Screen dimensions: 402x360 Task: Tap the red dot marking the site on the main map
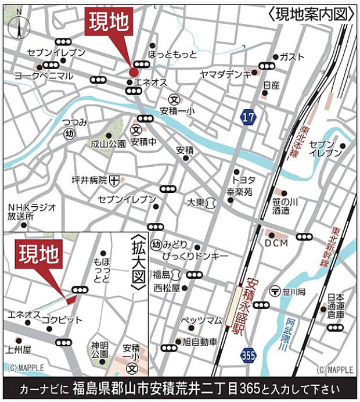pyautogui.click(x=133, y=72)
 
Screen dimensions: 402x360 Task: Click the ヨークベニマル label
pyautogui.click(x=44, y=76)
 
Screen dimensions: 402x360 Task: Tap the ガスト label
pyautogui.click(x=291, y=57)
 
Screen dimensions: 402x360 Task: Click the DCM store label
pyautogui.click(x=276, y=243)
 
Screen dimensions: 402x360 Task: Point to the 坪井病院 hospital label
pyautogui.click(x=89, y=181)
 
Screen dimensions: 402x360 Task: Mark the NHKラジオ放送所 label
pyautogui.click(x=31, y=212)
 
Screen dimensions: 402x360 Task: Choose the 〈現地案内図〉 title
pyautogui.click(x=312, y=15)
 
